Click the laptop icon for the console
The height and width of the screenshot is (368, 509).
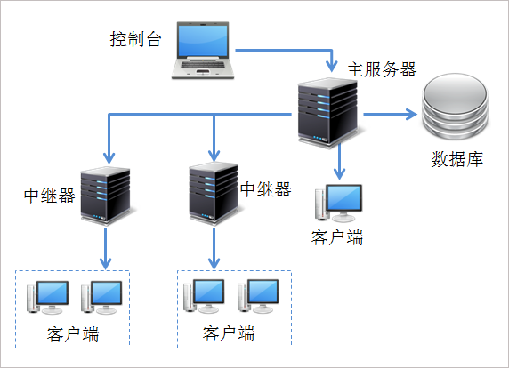[206, 50]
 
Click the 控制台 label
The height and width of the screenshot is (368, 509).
[135, 39]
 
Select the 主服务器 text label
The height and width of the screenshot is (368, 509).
[382, 69]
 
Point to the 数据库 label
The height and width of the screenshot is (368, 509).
[456, 160]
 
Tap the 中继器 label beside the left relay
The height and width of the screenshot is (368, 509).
[49, 195]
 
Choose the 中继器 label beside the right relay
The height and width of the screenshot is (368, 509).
[266, 189]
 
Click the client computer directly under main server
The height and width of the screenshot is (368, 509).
[341, 204]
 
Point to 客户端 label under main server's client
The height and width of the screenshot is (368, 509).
[337, 237]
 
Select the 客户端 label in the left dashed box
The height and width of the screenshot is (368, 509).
[72, 334]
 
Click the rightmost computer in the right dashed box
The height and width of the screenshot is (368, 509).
[262, 296]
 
